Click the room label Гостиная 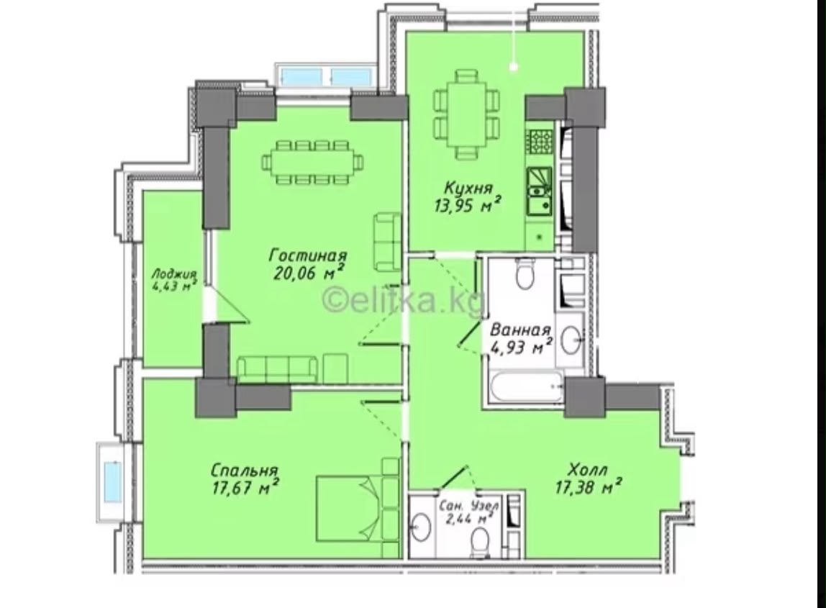pyautogui.click(x=308, y=255)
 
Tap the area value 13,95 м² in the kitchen pyautogui.click(x=467, y=204)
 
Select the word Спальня pyautogui.click(x=245, y=469)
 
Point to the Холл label pyautogui.click(x=589, y=469)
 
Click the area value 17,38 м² pyautogui.click(x=589, y=487)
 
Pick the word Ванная pyautogui.click(x=520, y=330)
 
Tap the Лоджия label pyautogui.click(x=174, y=274)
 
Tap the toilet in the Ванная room pyautogui.click(x=524, y=273)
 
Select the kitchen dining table pyautogui.click(x=467, y=114)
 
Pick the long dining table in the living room pyautogui.click(x=312, y=162)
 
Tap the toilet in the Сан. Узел pyautogui.click(x=481, y=543)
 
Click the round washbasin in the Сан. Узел pyautogui.click(x=420, y=527)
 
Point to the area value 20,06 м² pyautogui.click(x=309, y=272)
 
